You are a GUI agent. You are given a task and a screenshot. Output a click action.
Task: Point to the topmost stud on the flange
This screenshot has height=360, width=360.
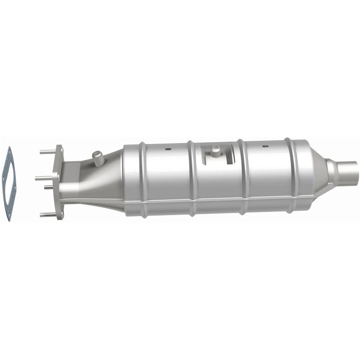(47, 152)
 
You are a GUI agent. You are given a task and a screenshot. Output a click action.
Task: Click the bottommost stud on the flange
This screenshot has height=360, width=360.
(47, 215)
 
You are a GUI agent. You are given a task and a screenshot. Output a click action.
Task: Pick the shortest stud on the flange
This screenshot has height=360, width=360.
(49, 188)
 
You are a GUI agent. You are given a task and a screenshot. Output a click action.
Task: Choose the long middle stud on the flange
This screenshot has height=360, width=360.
(44, 178)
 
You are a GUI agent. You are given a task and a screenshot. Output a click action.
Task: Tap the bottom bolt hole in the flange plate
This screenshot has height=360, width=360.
(60, 215)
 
